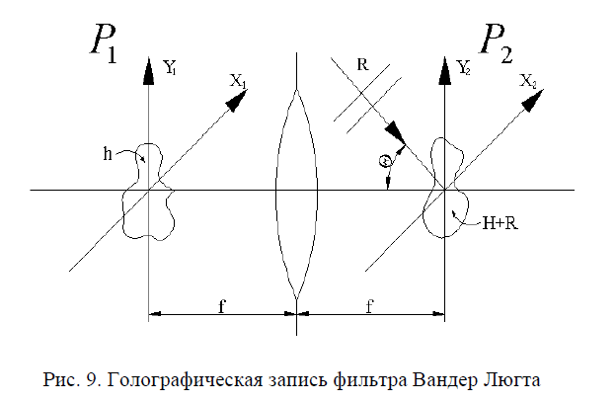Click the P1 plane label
click(103, 44)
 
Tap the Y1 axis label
click(171, 68)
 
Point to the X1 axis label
click(238, 83)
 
